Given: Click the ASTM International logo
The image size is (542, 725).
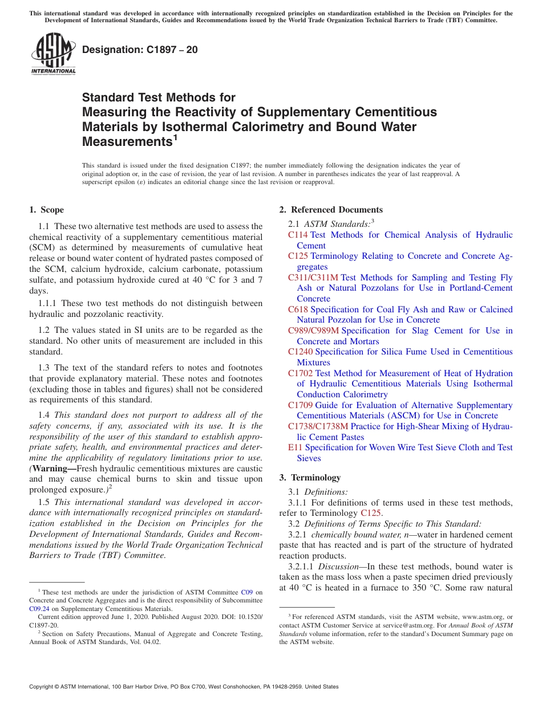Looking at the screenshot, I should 53,54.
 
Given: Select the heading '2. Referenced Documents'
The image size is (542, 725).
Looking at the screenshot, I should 331,210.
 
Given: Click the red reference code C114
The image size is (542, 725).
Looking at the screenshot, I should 298,235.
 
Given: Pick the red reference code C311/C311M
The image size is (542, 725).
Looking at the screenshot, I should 313,278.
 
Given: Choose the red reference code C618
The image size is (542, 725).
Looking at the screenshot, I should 298,309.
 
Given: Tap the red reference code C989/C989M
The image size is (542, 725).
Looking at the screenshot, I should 313,331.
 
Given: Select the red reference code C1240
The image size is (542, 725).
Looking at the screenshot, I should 300,352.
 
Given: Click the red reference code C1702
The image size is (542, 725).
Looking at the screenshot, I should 300,373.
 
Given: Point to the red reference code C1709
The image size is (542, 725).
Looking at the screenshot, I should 300,405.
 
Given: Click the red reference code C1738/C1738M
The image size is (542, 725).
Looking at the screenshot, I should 318,426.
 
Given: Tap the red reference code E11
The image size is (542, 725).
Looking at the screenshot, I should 295,447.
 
